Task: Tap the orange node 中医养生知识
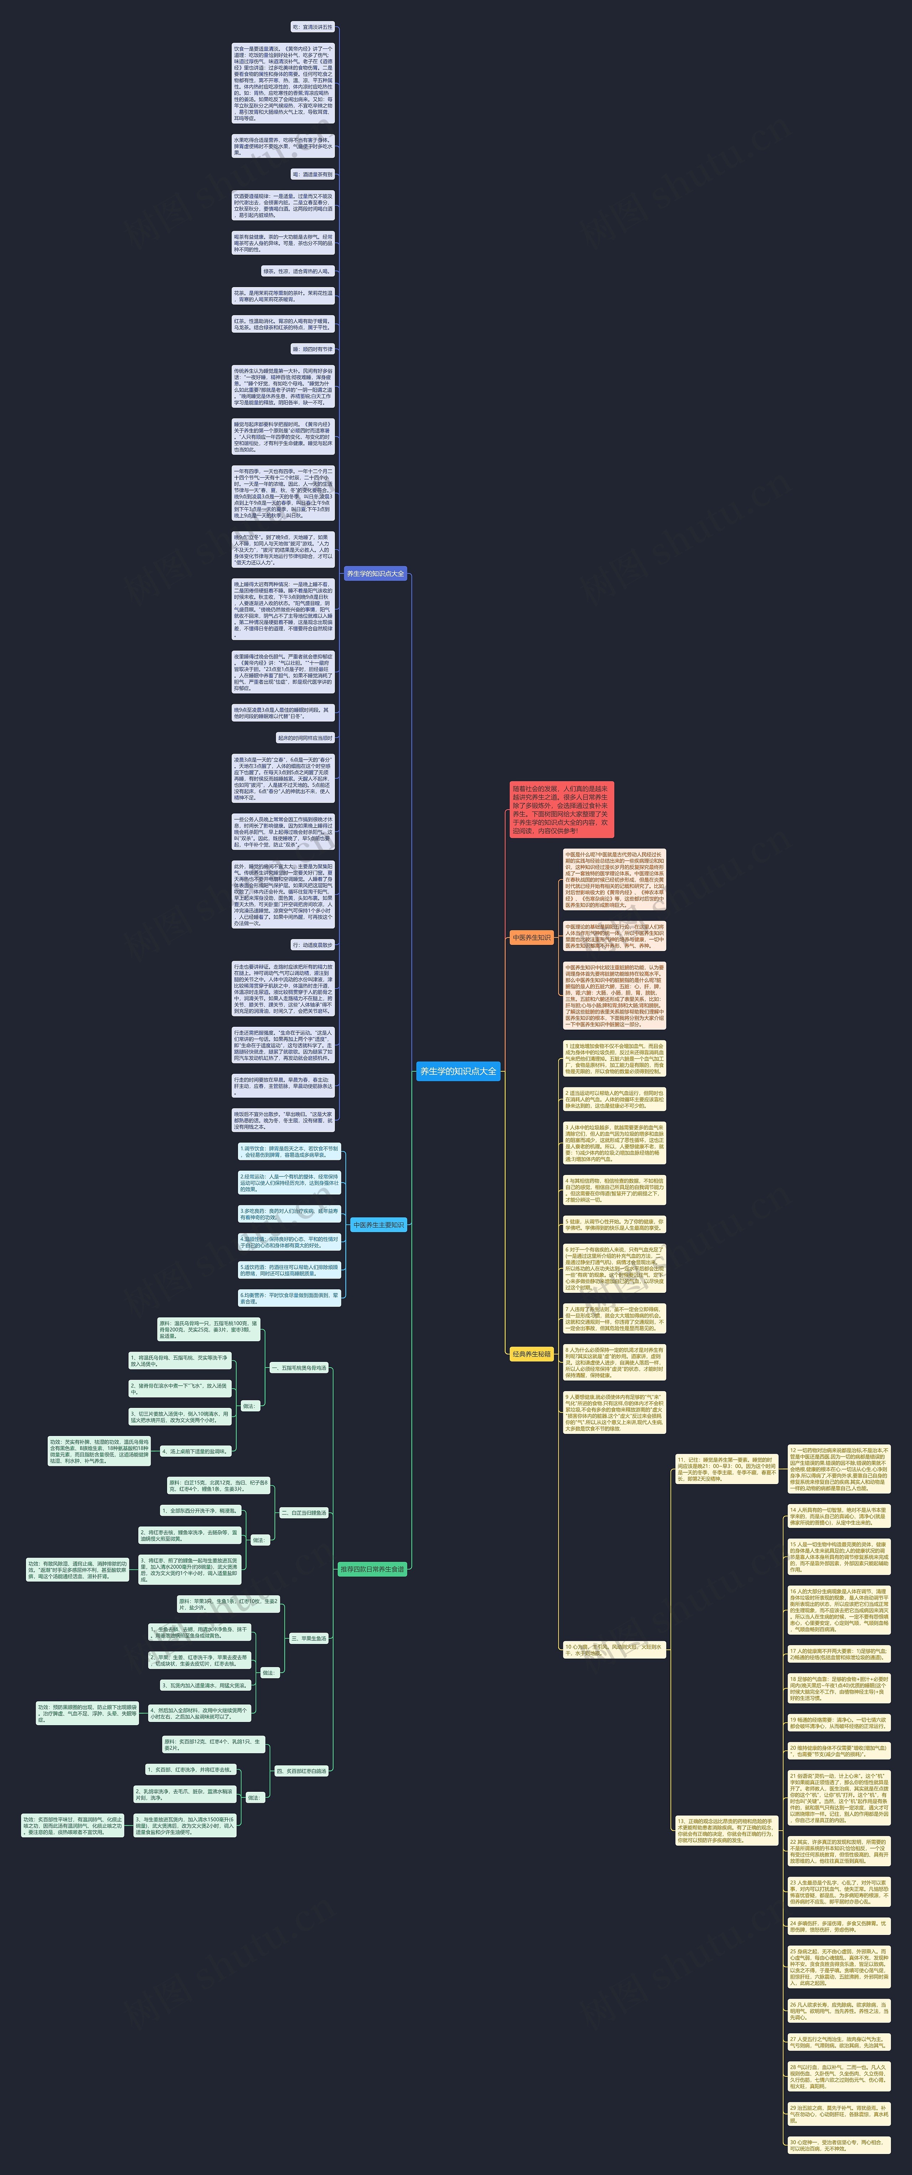531,937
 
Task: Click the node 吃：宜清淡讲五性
312,27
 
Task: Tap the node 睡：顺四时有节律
312,349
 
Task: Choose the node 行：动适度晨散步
312,945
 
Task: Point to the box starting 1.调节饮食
290,1152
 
